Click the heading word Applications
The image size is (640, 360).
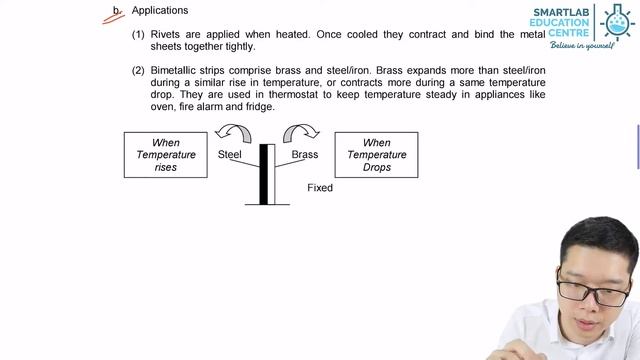[x=160, y=11]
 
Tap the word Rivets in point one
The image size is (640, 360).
[x=166, y=34]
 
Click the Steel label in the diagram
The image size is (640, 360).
[x=230, y=155]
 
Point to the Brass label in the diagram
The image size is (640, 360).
[x=305, y=155]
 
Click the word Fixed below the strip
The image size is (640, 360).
[x=320, y=188]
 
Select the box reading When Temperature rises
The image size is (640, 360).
[x=166, y=155]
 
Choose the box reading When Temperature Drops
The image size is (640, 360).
[x=376, y=155]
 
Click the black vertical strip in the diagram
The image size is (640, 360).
[x=264, y=174]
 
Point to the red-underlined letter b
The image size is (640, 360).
[x=117, y=12]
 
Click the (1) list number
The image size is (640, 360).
[x=138, y=34]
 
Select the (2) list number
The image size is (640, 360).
[x=138, y=72]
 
